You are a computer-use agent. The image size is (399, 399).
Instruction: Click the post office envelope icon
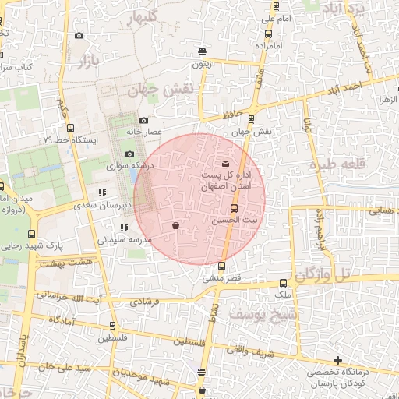click(226, 164)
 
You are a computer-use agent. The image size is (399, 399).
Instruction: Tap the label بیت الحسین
click(235, 221)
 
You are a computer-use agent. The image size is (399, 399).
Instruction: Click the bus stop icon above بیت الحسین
click(234, 208)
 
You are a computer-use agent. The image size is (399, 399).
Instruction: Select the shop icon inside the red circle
click(175, 226)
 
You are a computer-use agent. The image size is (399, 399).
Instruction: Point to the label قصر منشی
click(224, 277)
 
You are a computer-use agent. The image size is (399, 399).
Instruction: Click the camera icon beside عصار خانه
click(144, 120)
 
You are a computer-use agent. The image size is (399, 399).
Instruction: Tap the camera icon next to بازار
click(79, 35)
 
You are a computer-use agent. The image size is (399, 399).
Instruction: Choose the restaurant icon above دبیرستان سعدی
click(102, 192)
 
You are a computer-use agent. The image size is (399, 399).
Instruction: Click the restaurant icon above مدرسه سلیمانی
click(123, 228)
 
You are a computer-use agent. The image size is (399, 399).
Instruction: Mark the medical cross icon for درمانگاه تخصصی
click(337, 360)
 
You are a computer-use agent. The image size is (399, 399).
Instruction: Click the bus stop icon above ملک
click(283, 284)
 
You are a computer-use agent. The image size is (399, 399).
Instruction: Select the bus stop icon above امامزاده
click(268, 34)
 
